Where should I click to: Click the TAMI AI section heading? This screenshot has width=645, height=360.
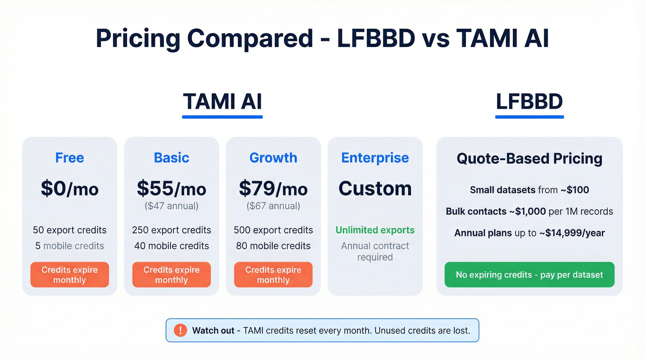[x=222, y=102]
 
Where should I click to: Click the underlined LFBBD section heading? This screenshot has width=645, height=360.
[x=529, y=102]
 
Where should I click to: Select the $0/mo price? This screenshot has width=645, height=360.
[x=70, y=189]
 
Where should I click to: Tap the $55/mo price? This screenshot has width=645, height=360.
[x=171, y=189]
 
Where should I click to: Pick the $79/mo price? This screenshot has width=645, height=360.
[x=273, y=189]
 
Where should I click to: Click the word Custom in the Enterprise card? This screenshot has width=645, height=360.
[x=375, y=189]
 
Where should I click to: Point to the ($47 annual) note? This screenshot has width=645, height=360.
[x=171, y=206]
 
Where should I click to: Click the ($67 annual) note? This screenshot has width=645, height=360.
[x=273, y=206]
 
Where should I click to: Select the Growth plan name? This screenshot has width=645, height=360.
[x=273, y=158]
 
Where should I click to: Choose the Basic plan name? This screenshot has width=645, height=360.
[x=171, y=158]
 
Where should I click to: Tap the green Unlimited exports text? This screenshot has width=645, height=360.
[x=375, y=230]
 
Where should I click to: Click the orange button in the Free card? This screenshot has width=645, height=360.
[x=70, y=275]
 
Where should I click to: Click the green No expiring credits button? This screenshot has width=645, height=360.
[x=529, y=275]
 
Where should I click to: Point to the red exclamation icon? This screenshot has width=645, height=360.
[x=180, y=330]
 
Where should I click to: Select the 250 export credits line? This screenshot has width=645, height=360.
[x=171, y=230]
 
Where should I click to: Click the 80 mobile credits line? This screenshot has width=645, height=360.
[x=273, y=246]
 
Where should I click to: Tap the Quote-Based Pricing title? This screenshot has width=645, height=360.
[x=529, y=159]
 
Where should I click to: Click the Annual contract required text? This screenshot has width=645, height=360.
[x=375, y=251]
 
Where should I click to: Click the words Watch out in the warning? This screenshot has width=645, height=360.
[x=213, y=330]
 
